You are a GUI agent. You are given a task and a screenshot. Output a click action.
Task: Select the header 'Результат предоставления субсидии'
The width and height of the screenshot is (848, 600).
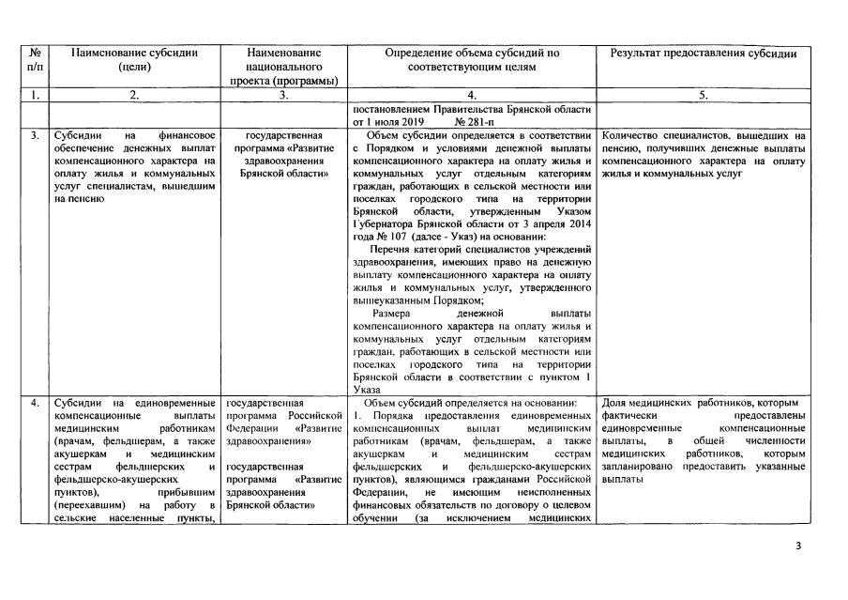[x=704, y=54]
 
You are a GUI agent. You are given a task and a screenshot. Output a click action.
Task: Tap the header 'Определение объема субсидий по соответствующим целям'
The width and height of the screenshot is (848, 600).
[x=472, y=60]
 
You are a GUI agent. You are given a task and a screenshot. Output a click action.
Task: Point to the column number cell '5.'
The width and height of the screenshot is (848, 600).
[x=704, y=95]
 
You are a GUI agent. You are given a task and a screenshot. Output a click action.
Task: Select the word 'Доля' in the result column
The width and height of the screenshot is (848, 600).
[x=613, y=404]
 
